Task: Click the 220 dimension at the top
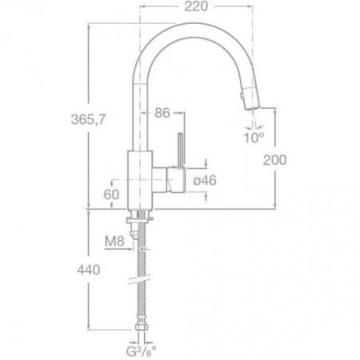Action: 196,6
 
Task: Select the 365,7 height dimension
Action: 89,119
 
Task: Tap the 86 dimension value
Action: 162,113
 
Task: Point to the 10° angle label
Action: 254,138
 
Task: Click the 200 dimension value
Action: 274,160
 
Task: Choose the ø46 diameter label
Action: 205,180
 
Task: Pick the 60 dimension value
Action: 111,194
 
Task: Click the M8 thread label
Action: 114,242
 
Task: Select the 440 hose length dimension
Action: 89,270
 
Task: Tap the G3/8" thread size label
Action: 141,352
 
